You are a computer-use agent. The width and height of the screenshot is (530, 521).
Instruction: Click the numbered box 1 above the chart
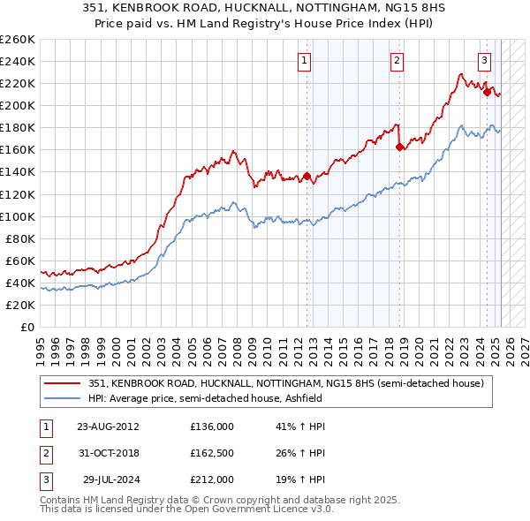point(304,61)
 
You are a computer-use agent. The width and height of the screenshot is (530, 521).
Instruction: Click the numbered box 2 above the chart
point(397,61)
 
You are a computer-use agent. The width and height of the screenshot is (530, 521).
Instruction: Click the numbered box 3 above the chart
point(485,61)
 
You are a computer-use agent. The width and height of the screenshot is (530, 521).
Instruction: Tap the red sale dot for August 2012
point(307,176)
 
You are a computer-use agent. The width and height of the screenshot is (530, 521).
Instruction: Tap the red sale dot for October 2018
point(400,147)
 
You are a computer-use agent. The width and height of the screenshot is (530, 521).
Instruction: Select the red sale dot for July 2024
point(487,92)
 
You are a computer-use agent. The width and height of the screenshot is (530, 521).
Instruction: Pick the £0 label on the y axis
point(27,327)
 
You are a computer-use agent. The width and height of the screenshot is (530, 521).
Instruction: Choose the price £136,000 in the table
point(212,427)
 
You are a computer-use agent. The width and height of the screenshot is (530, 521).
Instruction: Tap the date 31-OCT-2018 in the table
point(109,453)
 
